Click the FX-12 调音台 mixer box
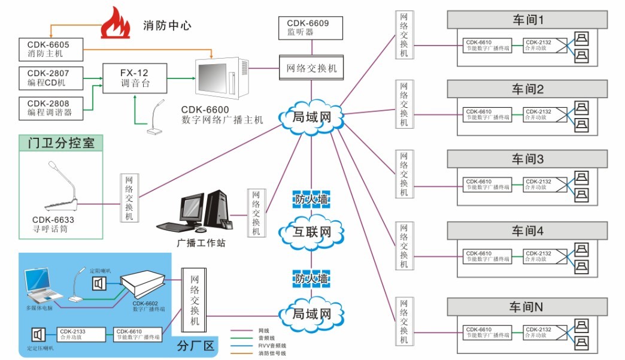point(135,78)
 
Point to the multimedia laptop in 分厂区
point(45,288)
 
